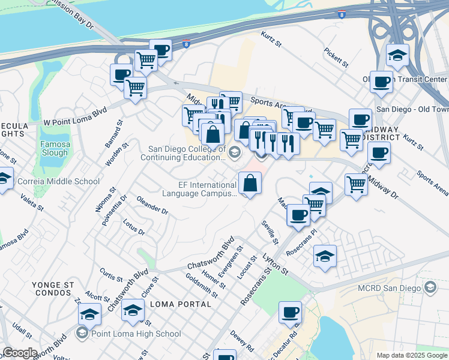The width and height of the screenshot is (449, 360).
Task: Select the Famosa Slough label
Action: [x=54, y=148]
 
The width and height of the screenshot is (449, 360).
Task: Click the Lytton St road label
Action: [x=277, y=264]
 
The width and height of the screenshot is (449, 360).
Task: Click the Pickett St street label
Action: [x=336, y=58]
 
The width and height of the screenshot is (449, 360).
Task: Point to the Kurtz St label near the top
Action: [x=271, y=41]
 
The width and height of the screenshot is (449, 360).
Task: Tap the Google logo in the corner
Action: [x=19, y=353]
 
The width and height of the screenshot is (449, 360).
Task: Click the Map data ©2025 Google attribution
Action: [x=412, y=355]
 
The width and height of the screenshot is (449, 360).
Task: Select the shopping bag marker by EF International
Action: [x=250, y=182]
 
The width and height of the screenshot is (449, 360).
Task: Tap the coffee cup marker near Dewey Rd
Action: [x=291, y=312]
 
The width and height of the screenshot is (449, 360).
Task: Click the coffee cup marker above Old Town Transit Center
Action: [x=381, y=82]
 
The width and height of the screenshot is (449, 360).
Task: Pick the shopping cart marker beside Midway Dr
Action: [x=357, y=184]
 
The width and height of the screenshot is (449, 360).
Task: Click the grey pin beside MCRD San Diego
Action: [x=430, y=289]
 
